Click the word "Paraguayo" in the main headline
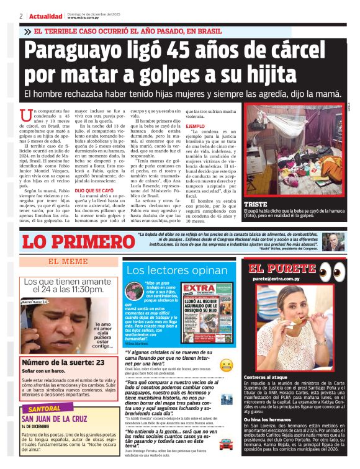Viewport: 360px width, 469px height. [x=71, y=52]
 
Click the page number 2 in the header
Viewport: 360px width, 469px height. [x=21, y=16]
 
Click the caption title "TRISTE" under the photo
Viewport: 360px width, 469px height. [x=256, y=204]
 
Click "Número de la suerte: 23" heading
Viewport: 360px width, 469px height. [x=62, y=362]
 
